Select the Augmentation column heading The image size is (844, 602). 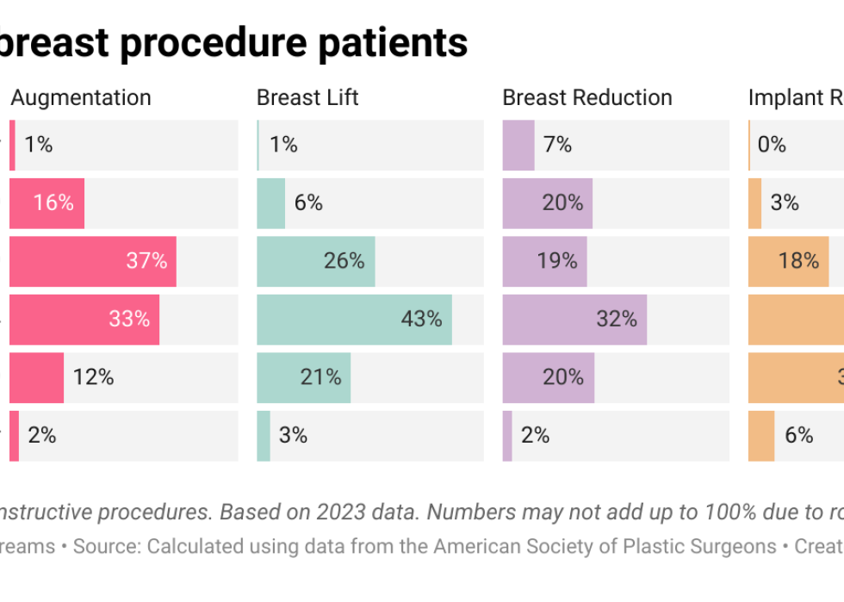tap(81, 98)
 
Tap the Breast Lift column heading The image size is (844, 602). tap(307, 98)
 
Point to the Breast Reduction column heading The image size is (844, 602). tap(587, 98)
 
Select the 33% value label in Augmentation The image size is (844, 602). tap(129, 320)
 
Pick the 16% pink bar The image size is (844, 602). tap(47, 203)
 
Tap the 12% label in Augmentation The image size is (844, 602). tap(93, 377)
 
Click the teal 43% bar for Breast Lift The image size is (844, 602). tap(354, 320)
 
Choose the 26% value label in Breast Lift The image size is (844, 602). tap(344, 261)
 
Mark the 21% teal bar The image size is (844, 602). tap(303, 377)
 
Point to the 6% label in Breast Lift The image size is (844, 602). tap(308, 203)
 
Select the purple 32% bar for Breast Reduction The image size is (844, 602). tap(574, 320)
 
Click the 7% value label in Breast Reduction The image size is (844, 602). tap(557, 145)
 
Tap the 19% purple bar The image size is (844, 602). tap(544, 261)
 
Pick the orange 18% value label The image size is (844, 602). tap(798, 261)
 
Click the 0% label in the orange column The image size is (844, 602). tap(772, 145)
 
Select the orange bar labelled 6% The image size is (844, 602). tap(761, 436)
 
